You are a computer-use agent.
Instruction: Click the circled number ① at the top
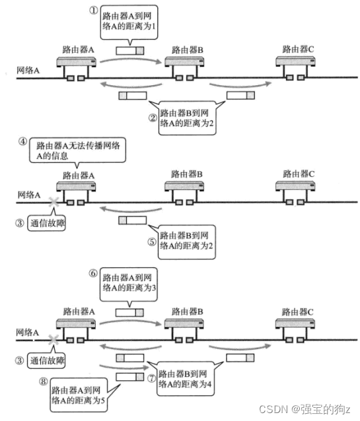click(94, 10)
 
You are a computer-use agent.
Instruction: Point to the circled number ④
click(23, 141)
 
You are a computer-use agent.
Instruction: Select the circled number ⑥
click(94, 271)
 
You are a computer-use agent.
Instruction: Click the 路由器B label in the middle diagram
click(187, 174)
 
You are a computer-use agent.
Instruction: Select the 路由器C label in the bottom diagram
click(295, 310)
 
